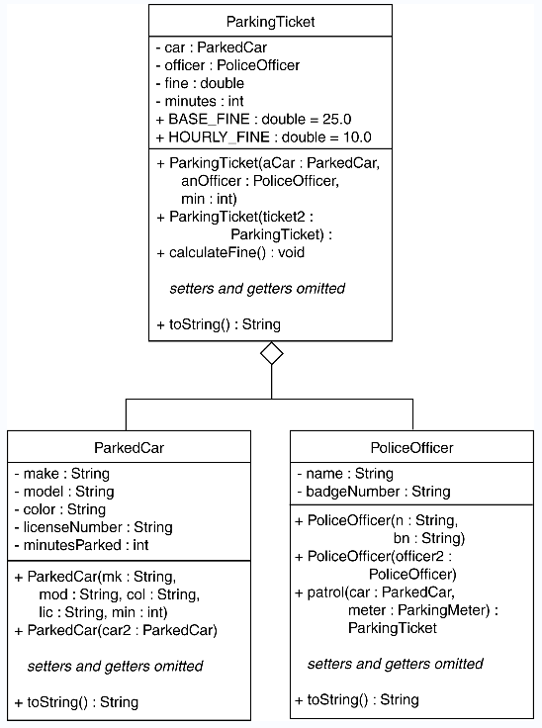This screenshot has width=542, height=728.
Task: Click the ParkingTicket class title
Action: coord(270,22)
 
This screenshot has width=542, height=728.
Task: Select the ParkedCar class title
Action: coord(130,447)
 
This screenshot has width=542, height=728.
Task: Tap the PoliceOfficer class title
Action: coord(412,447)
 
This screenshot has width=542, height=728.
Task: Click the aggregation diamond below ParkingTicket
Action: coord(272,353)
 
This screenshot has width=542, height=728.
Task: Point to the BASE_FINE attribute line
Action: coord(253,120)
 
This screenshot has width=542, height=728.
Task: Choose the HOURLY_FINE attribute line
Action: coord(264,137)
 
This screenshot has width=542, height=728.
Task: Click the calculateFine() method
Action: coord(230,252)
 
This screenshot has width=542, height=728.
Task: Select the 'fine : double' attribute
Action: coord(200,83)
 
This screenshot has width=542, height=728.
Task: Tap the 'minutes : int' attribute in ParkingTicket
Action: coord(200,101)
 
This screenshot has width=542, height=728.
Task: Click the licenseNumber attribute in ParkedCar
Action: coord(93,527)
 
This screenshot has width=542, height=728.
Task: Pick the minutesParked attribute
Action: coord(81,545)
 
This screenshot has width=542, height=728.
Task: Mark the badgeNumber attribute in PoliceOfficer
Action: coord(374,492)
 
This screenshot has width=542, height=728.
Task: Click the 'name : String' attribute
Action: coord(345,474)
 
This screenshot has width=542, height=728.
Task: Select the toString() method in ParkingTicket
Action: coord(219,324)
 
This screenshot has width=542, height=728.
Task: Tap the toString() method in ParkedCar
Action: coord(76,702)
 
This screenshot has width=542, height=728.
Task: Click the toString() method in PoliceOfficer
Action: coord(357,699)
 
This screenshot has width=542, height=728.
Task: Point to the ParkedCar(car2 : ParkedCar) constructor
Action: coord(116,630)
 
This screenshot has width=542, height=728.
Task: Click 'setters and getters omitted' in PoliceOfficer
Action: coord(396,664)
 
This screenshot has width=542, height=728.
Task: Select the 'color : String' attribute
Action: coord(60,509)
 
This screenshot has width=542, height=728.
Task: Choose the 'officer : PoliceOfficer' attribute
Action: coord(228,65)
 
